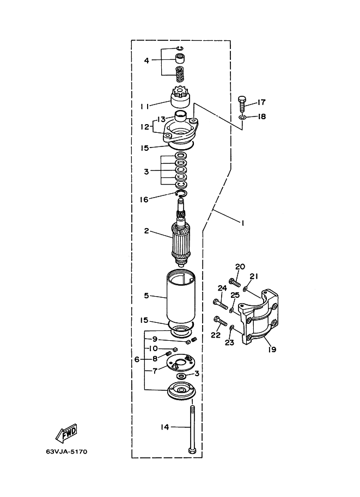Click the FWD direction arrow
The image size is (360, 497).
pos(66,433)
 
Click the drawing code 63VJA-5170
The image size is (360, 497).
pos(66,451)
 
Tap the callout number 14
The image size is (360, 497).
pos(164,427)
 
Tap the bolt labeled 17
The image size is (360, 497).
pos(242,103)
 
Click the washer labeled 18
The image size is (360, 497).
pos(242,118)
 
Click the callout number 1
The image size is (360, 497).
pos(243,223)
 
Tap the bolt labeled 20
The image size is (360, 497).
pos(234,281)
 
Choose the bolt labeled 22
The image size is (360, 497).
pos(221,321)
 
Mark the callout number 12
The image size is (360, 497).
pos(145,127)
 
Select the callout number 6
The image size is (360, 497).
pos(137,359)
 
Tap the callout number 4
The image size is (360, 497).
pos(147,60)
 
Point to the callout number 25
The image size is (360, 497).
pos(235,295)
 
